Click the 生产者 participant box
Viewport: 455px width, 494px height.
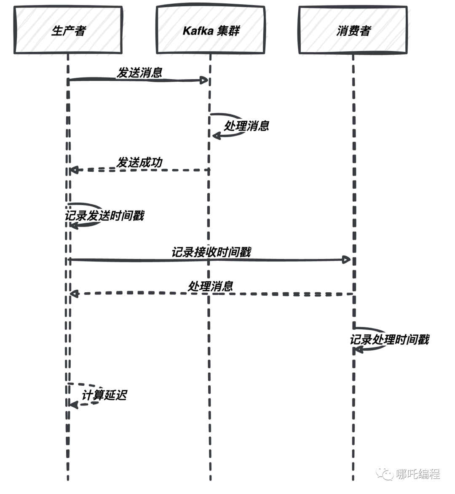pyautogui.click(x=68, y=30)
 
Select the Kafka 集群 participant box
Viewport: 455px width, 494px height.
pyautogui.click(x=211, y=30)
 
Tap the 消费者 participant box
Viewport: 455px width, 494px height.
pyautogui.click(x=353, y=30)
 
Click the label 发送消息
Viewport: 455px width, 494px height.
pyautogui.click(x=139, y=72)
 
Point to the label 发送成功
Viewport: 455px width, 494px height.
pyautogui.click(x=139, y=163)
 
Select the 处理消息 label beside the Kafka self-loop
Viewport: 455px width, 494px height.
pyautogui.click(x=246, y=126)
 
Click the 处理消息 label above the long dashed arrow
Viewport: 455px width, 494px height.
pyautogui.click(x=211, y=286)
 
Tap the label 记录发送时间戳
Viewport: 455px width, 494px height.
pyautogui.click(x=104, y=216)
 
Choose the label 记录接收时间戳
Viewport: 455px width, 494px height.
pyautogui.click(x=211, y=252)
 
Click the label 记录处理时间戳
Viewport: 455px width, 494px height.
pyautogui.click(x=389, y=339)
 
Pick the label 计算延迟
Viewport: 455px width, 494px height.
pyautogui.click(x=104, y=395)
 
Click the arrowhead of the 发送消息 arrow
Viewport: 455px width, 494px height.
pyautogui.click(x=205, y=80)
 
